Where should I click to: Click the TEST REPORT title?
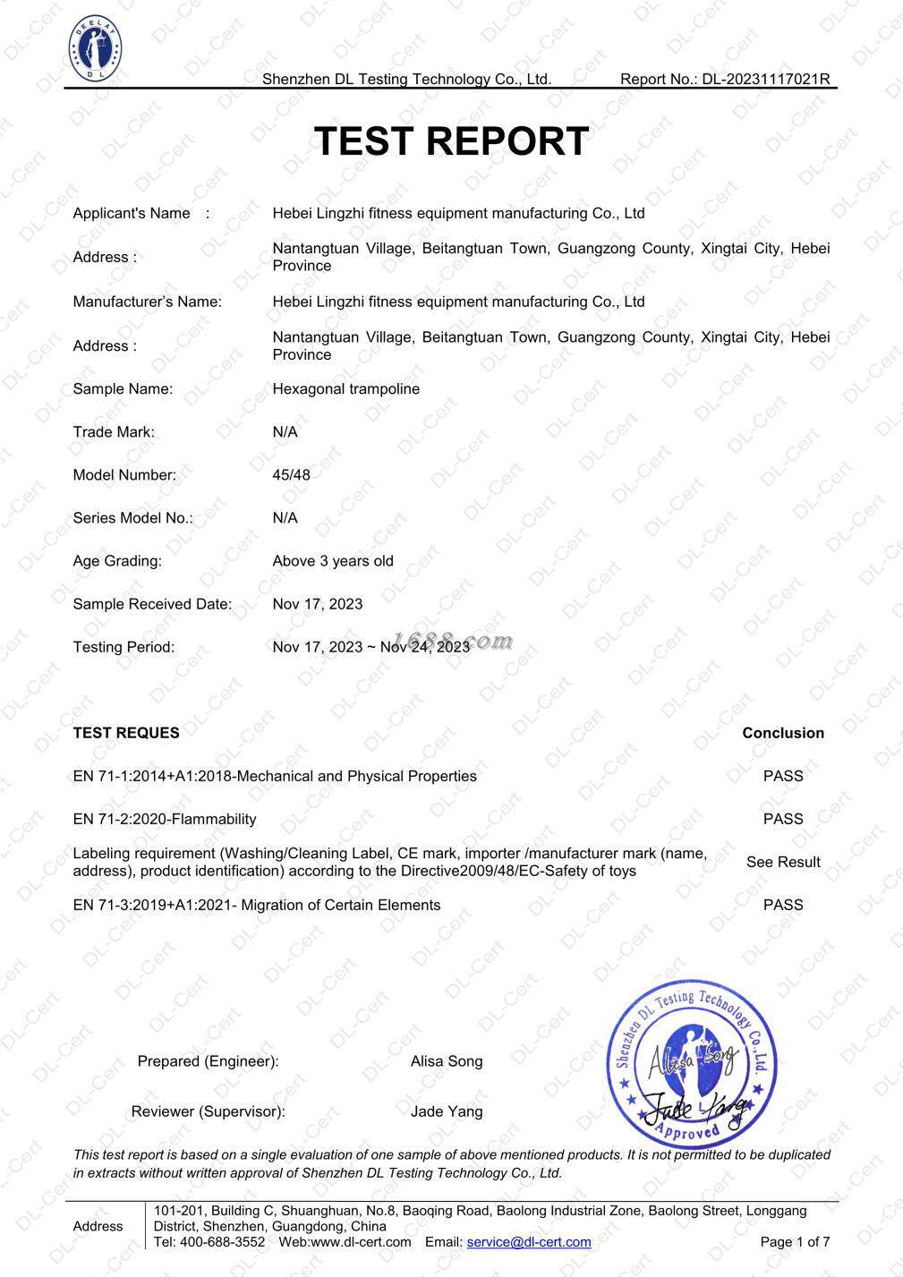tap(451, 141)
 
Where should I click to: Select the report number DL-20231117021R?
tap(765, 79)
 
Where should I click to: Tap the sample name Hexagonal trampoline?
tap(345, 389)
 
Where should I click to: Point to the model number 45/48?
tap(291, 475)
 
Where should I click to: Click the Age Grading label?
tap(117, 561)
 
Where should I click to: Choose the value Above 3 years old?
tap(333, 561)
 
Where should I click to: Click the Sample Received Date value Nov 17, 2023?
tap(318, 604)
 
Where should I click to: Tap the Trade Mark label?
tap(114, 432)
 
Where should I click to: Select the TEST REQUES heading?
tap(126, 733)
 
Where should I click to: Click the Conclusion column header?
tap(783, 733)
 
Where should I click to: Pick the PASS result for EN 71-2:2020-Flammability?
tap(783, 819)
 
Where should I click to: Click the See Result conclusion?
tap(783, 862)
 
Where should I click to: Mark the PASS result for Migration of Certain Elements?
tap(783, 905)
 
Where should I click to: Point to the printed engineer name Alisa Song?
tap(447, 1061)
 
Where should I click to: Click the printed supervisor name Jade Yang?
tap(447, 1111)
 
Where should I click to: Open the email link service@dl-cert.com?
tap(529, 1242)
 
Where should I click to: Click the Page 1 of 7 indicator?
tap(795, 1242)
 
